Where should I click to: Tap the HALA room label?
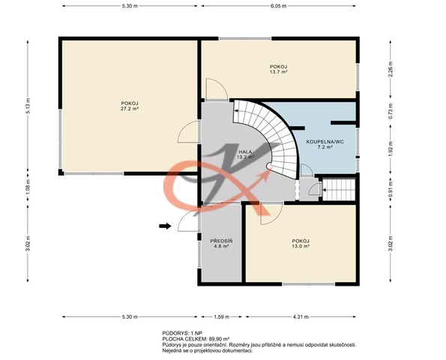coord(245,152)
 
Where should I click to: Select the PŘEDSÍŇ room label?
coord(221,241)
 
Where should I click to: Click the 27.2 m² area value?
coord(130,109)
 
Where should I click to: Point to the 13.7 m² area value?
coord(278,72)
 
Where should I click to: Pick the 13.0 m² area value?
coord(301,246)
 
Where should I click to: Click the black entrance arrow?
coord(165,226)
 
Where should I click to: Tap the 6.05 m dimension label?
coord(278,6)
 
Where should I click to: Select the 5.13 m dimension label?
coord(28,106)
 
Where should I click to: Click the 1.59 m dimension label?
coord(222,316)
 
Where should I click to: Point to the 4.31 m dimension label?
coord(301,316)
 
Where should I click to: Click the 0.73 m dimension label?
coord(391,111)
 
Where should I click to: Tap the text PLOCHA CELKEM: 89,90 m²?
coord(196,339)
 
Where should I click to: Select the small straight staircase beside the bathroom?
coord(340,190)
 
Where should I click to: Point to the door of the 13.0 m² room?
coord(271,214)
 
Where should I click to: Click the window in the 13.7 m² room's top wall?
coord(245,39)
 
